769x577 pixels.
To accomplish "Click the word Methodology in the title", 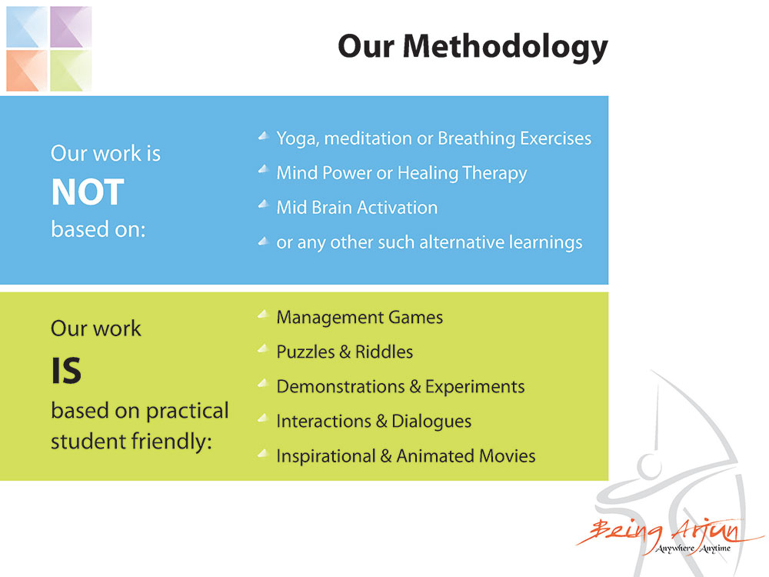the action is pos(505,48).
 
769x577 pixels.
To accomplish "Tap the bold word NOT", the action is pos(88,192).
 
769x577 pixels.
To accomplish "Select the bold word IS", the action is pos(66,371).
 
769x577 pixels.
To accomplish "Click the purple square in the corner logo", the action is pos(71,27).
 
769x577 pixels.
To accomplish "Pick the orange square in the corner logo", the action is pos(26,71).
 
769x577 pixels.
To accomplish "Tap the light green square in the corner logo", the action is pos(71,71).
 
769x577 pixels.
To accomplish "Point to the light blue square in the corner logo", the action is pos(26,27).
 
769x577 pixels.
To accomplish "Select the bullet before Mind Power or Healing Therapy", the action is pos(264,170).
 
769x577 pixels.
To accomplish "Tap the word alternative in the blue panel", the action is pos(461,242).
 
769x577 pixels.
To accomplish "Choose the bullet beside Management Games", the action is pos(264,315).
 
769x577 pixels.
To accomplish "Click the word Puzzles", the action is pos(305,352).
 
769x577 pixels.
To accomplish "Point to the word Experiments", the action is pos(474,387).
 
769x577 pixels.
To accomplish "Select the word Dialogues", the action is pos(431,422).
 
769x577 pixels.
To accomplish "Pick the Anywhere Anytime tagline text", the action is pos(694,548).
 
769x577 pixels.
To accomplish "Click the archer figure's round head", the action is pos(650,465).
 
